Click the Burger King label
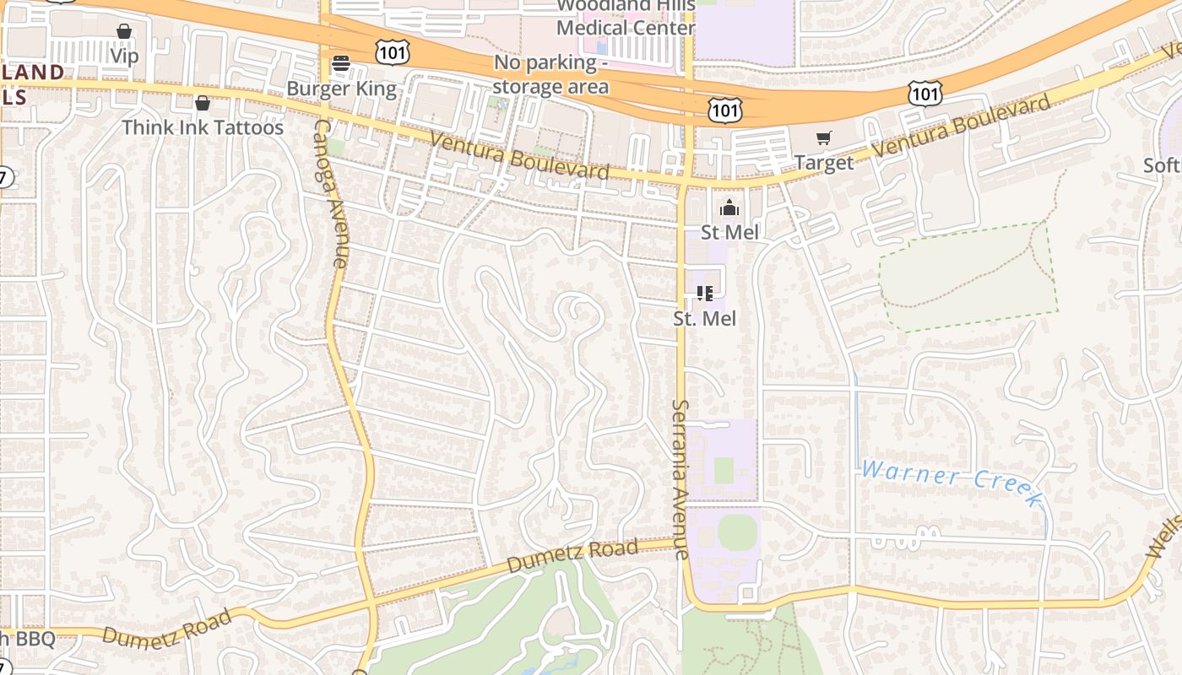click(341, 89)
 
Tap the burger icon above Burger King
click(341, 63)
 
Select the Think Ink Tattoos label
click(203, 127)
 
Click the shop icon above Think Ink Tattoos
click(203, 103)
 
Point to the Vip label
click(124, 56)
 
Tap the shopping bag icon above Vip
click(124, 31)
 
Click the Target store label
click(824, 162)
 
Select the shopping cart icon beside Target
click(824, 138)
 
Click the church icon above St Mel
click(729, 208)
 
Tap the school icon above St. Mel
click(705, 294)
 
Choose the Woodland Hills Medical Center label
click(626, 17)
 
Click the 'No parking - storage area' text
click(550, 74)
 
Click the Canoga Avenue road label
click(330, 193)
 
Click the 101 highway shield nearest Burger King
click(393, 53)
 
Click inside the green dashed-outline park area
click(967, 274)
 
